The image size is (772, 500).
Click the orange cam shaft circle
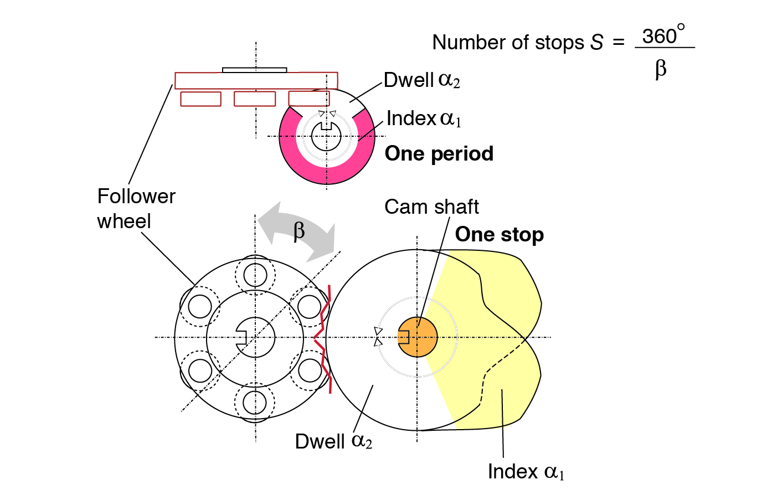418,337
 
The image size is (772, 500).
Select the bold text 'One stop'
499,234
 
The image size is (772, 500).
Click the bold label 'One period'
439,153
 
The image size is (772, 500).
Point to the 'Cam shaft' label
431,207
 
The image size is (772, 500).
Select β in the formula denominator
661,69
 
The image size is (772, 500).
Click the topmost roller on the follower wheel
255,274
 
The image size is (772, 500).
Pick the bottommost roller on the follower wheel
255,402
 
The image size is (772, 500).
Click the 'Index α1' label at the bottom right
526,472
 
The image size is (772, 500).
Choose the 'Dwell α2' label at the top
421,80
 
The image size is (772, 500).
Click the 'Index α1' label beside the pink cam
424,118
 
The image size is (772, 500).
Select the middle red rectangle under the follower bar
255,99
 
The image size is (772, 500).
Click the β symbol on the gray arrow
299,230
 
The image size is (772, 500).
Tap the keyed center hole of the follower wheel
255,337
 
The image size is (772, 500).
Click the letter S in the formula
596,43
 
